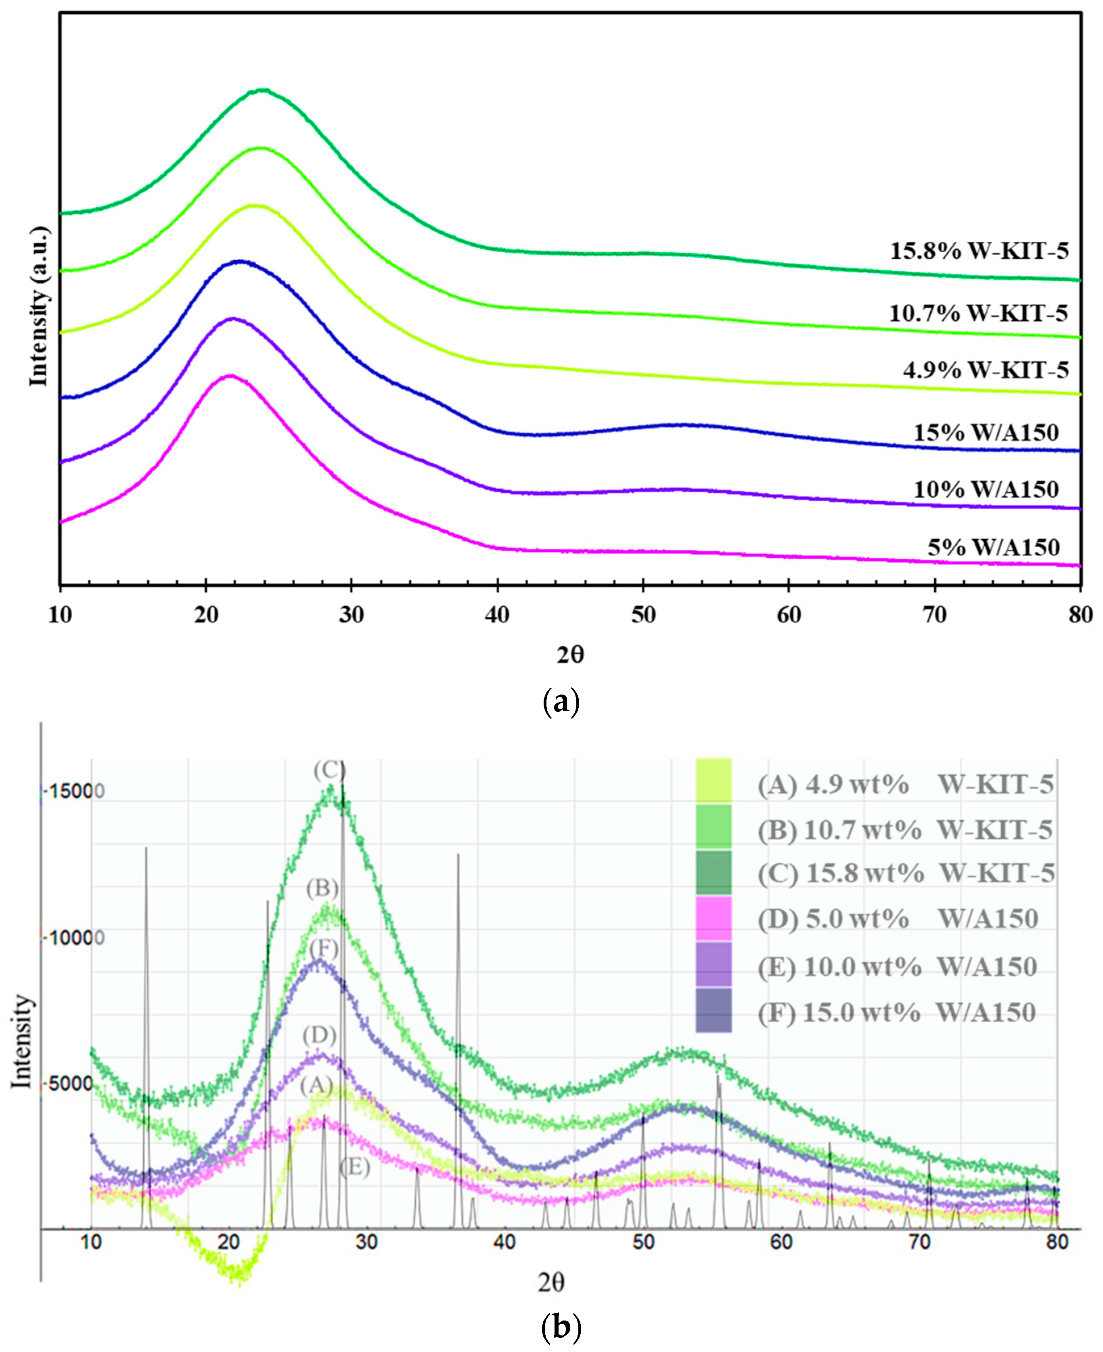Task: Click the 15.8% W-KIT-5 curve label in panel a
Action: click(979, 251)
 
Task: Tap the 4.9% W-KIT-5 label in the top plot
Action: click(986, 370)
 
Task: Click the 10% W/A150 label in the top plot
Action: click(986, 489)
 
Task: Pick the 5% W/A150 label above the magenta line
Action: click(993, 547)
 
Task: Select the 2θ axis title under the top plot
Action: click(570, 654)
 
